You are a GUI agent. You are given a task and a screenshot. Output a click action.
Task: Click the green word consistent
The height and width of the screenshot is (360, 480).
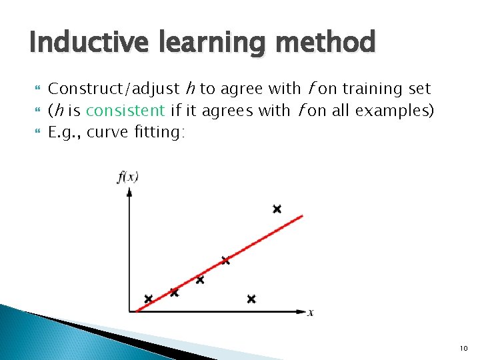tap(125, 110)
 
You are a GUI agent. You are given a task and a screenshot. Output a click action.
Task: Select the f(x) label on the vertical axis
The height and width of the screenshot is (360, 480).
tap(127, 177)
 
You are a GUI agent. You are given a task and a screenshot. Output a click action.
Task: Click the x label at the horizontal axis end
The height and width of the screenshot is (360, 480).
tap(311, 312)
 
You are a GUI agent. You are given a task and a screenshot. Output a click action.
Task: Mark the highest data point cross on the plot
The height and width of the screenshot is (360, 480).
tap(277, 209)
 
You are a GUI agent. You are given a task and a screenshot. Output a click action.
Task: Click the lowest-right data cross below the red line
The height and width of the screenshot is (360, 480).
tap(251, 299)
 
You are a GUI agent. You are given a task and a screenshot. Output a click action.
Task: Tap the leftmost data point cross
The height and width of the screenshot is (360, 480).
tap(148, 299)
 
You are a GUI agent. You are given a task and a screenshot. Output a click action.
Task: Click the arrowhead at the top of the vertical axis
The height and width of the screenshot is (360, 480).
tap(129, 191)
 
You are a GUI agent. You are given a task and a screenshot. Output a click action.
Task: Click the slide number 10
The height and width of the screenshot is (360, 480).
tap(463, 349)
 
